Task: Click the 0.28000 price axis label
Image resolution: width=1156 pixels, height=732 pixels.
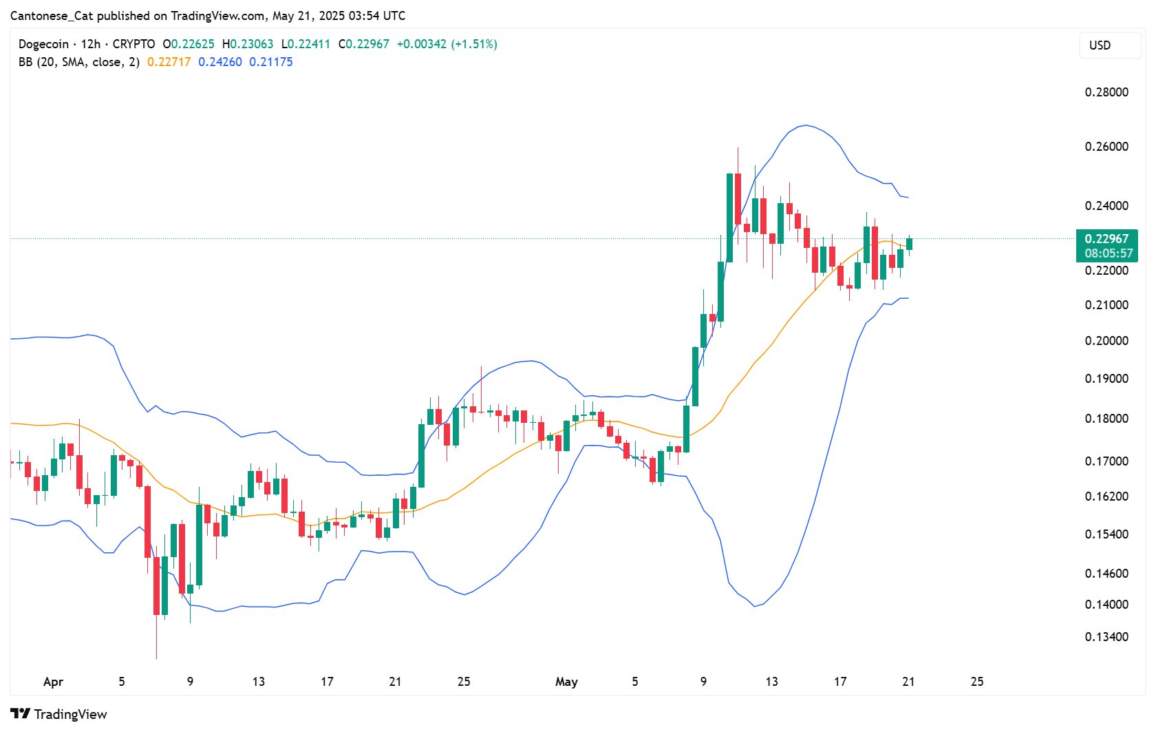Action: coord(1106,92)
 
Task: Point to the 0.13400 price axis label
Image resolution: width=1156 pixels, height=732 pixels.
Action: coord(1106,637)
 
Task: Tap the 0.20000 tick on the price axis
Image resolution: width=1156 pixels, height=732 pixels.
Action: coord(1106,341)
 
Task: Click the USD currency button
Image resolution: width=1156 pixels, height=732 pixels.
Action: coord(1100,45)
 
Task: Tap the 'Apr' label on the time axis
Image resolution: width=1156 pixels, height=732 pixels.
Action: coord(53,682)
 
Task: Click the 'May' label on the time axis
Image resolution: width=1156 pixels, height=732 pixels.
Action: coord(566,682)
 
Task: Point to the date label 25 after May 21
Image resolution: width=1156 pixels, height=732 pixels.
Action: coord(977,682)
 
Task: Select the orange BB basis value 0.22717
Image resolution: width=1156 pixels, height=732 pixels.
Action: coord(169,62)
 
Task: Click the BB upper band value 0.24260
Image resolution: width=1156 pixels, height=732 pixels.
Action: coord(220,62)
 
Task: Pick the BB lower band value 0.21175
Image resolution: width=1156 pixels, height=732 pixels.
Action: coord(271,62)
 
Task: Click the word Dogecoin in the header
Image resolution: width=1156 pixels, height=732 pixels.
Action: coord(43,44)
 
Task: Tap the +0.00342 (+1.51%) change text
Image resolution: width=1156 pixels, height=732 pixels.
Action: coord(447,44)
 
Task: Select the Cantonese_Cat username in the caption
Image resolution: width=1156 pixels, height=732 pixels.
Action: coord(52,15)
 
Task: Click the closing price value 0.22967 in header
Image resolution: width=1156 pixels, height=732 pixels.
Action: coord(367,44)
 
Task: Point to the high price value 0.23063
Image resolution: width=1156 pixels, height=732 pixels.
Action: coord(251,44)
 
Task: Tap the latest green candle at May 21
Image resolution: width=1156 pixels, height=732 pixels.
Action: coord(909,244)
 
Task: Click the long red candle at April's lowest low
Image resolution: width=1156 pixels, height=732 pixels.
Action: coord(157,585)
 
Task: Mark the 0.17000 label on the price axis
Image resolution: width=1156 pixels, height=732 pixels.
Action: coord(1106,461)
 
